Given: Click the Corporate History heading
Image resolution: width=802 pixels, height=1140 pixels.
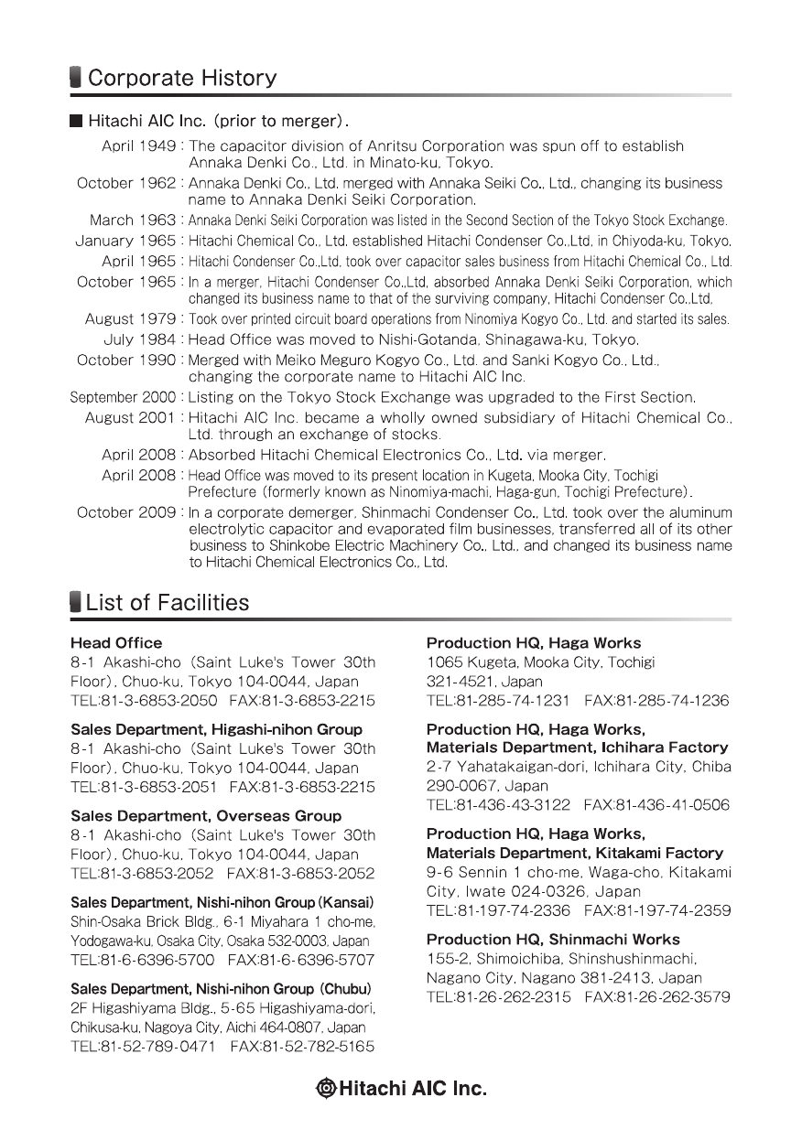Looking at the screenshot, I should pyautogui.click(x=181, y=78).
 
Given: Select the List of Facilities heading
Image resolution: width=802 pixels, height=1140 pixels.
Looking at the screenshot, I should pyautogui.click(x=167, y=603).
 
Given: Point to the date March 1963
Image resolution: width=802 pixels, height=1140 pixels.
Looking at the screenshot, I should pyautogui.click(x=134, y=220).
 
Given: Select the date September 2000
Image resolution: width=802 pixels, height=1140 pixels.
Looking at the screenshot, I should pyautogui.click(x=124, y=397).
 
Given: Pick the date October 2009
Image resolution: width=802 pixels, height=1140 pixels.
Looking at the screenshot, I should pyautogui.click(x=127, y=512).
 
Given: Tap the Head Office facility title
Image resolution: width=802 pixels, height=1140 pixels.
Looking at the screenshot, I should pyautogui.click(x=116, y=643).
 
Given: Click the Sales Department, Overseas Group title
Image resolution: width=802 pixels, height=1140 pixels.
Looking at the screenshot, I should pyautogui.click(x=206, y=816).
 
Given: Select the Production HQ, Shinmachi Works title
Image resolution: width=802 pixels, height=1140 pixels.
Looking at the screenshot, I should pyautogui.click(x=553, y=940).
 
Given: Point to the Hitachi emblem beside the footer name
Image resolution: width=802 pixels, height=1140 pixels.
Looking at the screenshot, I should pyautogui.click(x=326, y=1089).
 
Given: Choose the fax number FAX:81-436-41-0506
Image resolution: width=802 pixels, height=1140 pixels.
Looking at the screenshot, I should pyautogui.click(x=656, y=806).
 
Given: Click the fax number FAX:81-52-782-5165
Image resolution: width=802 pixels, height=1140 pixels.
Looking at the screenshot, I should pyautogui.click(x=302, y=1046).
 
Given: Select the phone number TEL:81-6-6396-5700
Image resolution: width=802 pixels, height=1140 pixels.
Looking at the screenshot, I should pyautogui.click(x=143, y=960).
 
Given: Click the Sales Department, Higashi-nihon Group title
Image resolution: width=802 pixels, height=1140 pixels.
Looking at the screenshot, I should pyautogui.click(x=216, y=730).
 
